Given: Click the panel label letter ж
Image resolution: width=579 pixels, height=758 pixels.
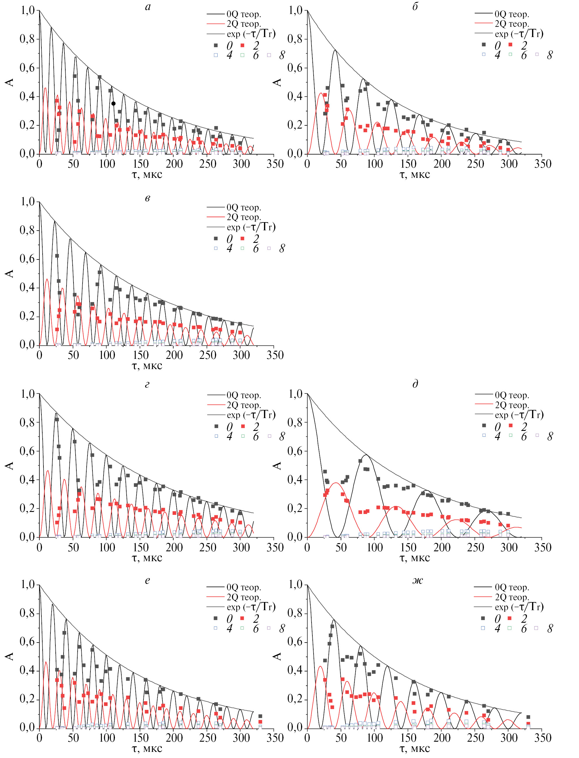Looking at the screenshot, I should tap(417, 581).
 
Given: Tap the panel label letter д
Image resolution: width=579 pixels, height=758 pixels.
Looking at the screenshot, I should tap(415, 384).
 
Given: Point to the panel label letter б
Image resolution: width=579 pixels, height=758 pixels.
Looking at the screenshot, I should tap(415, 7).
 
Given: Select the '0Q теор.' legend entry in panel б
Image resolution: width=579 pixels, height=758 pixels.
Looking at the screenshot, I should tap(511, 14).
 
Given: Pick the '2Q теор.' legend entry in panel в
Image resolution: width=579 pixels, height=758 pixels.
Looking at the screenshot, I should tap(243, 217).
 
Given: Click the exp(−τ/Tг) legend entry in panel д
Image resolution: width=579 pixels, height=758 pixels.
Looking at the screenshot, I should tap(519, 415).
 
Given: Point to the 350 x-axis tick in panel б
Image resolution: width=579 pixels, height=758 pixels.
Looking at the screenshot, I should tap(543, 164).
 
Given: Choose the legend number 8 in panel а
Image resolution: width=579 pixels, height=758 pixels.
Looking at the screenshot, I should tap(282, 55).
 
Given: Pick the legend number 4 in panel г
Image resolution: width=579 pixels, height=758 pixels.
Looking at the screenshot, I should tap(229, 436).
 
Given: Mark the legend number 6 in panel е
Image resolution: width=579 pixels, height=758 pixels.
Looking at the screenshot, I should tap(256, 629).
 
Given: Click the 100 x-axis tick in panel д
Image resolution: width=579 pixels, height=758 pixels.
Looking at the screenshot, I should tap(375, 548).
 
